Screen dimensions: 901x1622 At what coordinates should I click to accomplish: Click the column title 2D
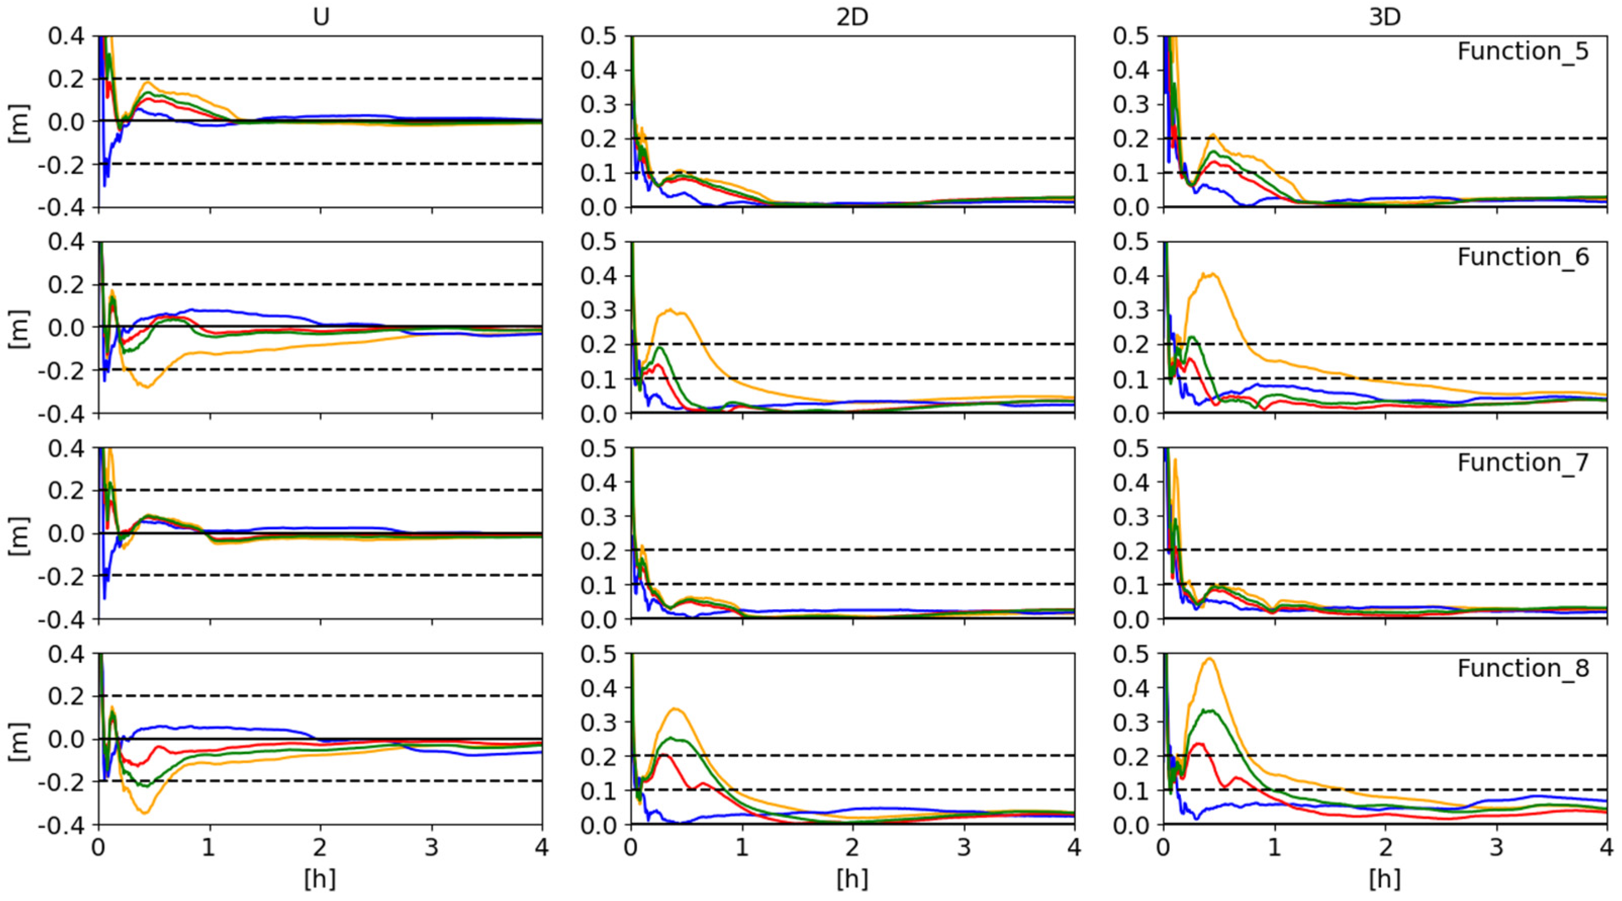click(x=852, y=17)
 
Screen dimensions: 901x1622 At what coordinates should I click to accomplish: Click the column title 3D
click(x=1384, y=17)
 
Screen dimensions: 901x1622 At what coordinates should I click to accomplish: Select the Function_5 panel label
click(x=1522, y=51)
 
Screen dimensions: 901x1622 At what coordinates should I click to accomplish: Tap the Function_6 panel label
click(x=1522, y=257)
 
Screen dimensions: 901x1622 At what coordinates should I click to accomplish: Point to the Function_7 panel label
click(x=1522, y=463)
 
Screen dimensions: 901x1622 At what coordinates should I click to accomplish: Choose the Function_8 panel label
click(x=1522, y=668)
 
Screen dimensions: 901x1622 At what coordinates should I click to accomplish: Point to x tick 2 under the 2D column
click(x=852, y=848)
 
